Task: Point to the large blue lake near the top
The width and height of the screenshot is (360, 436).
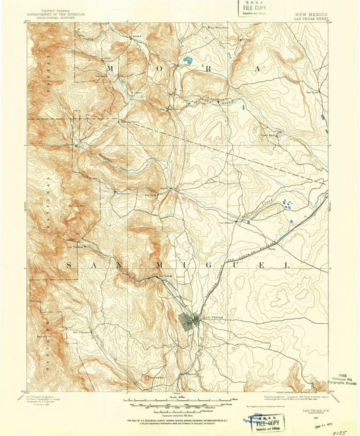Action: click(185, 66)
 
